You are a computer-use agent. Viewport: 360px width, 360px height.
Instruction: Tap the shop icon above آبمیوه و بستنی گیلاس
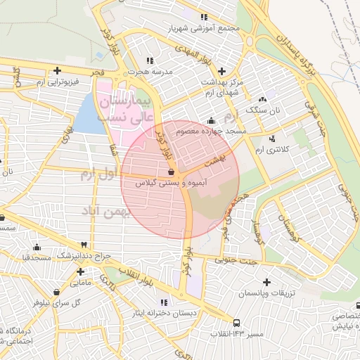[x=172, y=171]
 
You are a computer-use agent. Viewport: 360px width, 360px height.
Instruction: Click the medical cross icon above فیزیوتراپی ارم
[x=58, y=70]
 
